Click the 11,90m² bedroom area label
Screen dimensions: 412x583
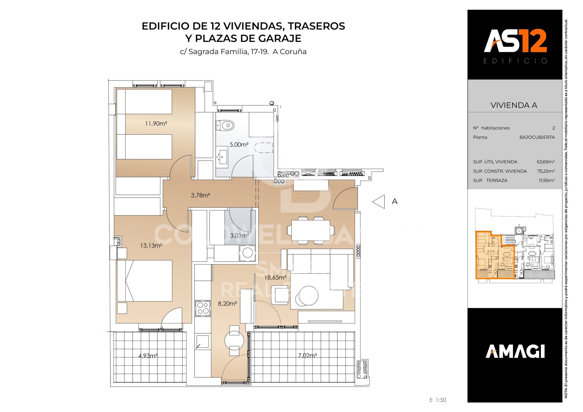156,124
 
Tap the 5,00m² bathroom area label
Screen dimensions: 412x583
239,145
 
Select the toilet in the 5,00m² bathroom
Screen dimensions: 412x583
226,126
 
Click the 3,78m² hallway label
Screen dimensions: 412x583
200,195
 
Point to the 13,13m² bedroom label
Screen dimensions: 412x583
151,246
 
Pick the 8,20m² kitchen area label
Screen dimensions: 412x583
227,304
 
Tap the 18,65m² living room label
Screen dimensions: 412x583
275,278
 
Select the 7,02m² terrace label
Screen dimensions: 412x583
308,355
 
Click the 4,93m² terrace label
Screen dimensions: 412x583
148,356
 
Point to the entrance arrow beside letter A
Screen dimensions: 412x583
379,201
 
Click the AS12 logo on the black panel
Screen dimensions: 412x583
515,41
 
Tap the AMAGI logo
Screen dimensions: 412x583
515,351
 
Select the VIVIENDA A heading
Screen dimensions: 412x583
514,105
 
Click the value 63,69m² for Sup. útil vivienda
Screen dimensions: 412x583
546,162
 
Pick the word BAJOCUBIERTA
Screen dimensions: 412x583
537,137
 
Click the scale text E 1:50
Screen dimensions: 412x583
438,400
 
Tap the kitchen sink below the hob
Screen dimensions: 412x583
202,341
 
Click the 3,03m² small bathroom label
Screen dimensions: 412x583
239,236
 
